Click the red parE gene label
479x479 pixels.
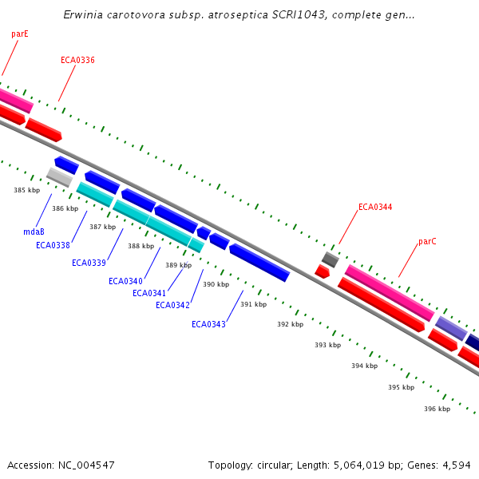[x=20, y=34]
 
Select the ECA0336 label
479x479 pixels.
[x=77, y=60]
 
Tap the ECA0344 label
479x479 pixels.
[x=375, y=207]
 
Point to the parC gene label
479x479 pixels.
[x=427, y=241]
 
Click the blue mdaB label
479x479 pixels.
[x=34, y=232]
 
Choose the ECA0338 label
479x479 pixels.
[x=53, y=245]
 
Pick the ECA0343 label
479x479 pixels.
[x=208, y=324]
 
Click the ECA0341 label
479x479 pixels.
[x=149, y=293]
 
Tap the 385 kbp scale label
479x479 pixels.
[x=26, y=190]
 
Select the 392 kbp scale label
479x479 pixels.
[x=290, y=324]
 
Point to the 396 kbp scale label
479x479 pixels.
[x=437, y=409]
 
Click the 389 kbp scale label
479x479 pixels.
[x=178, y=265]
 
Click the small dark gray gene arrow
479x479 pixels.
[x=331, y=259]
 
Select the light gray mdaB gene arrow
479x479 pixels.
[x=59, y=176]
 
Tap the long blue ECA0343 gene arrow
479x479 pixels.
[x=259, y=262]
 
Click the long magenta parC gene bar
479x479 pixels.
[x=389, y=292]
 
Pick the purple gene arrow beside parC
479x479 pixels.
[x=450, y=327]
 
